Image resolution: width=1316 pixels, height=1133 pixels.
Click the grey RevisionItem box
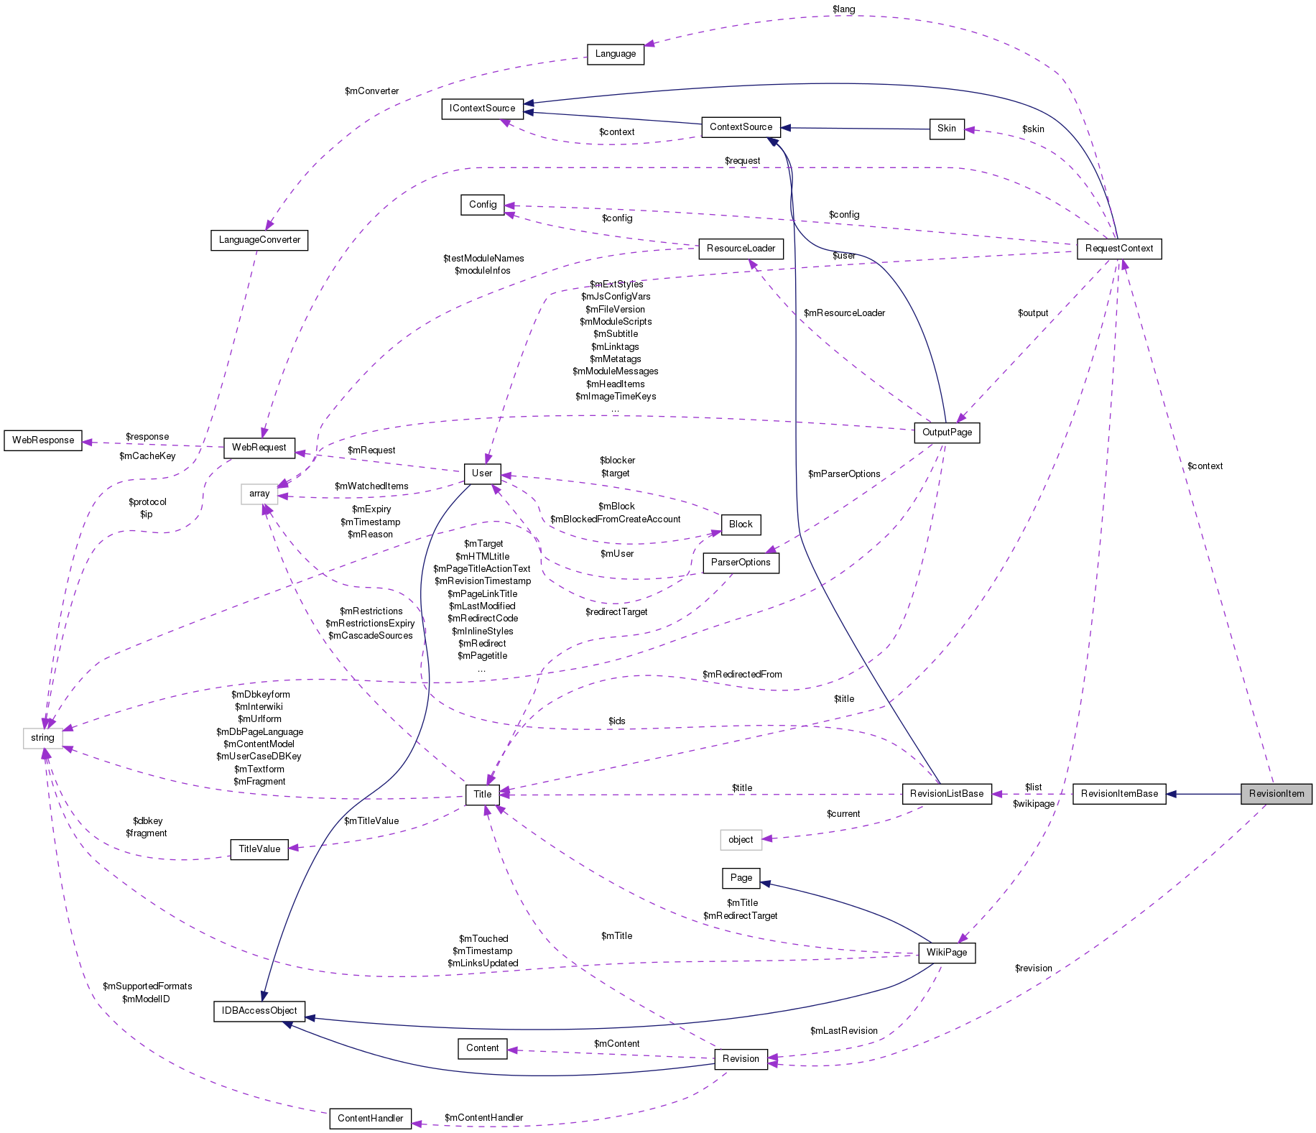(1276, 794)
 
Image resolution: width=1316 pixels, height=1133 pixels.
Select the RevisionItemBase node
(1119, 794)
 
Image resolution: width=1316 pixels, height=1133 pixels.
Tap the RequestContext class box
(1118, 249)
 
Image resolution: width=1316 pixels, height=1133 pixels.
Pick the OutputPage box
(947, 433)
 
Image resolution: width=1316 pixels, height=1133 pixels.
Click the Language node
(615, 54)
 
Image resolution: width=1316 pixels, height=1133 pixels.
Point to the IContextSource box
(482, 108)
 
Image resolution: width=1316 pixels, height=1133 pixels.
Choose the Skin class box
(946, 129)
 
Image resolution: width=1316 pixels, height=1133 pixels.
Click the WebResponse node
(43, 440)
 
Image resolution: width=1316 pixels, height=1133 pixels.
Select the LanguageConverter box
(259, 240)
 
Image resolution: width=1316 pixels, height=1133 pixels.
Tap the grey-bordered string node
(42, 738)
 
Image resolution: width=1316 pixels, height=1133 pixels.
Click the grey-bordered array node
(259, 494)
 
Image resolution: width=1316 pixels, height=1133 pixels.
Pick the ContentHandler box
(370, 1119)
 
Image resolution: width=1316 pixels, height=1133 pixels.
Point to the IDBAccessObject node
(259, 1011)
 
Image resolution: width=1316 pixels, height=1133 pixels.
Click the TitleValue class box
(259, 849)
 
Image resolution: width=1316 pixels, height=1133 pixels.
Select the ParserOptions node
(740, 563)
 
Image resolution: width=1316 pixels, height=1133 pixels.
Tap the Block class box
(740, 524)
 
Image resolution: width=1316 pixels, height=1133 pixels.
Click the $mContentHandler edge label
(483, 1118)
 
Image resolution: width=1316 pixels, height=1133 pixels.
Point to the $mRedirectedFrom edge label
(742, 675)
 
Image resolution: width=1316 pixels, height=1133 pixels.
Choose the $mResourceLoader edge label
(844, 313)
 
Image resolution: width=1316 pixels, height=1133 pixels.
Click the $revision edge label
(1033, 968)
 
